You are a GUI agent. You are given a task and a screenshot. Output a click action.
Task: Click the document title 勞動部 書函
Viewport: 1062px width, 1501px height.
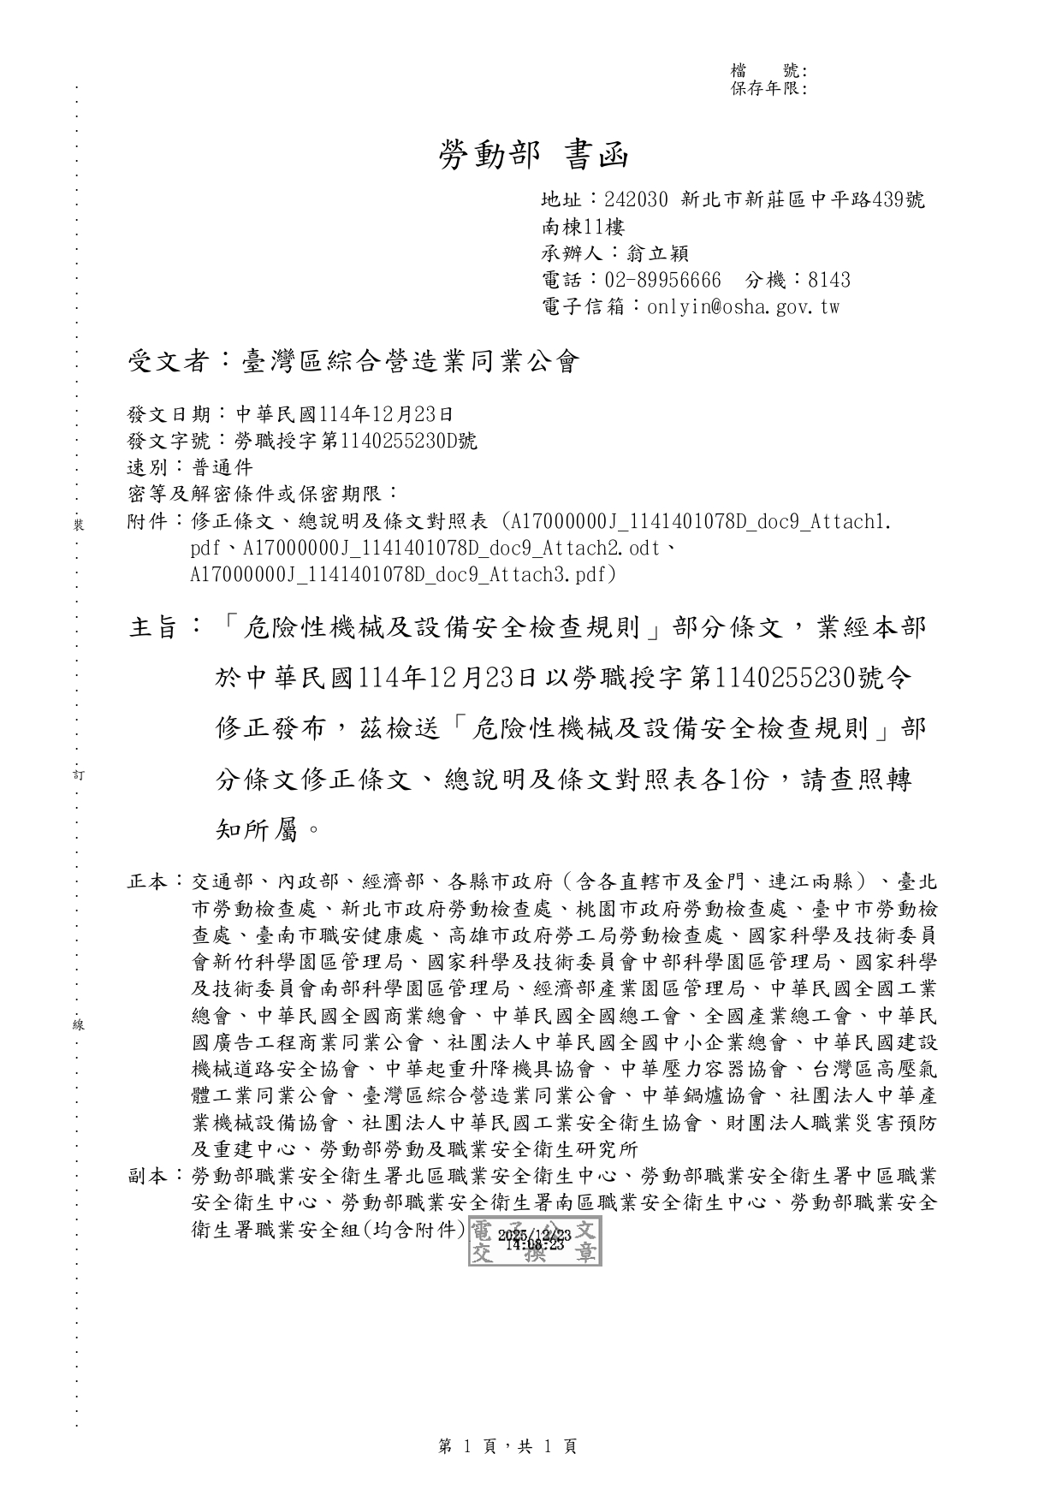point(534,155)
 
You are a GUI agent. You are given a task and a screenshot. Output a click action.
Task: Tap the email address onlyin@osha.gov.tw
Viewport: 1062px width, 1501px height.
point(743,306)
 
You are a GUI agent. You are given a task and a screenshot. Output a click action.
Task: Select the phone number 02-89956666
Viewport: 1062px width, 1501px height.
point(663,280)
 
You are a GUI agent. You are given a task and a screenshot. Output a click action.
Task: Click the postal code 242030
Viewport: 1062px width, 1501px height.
point(636,200)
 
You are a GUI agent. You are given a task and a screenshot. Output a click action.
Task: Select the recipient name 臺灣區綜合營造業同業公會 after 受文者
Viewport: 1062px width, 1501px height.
point(412,362)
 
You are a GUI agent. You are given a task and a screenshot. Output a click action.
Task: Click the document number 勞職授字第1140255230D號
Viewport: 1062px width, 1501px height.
point(357,441)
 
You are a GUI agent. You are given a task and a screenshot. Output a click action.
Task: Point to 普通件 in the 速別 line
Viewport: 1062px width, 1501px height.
point(223,467)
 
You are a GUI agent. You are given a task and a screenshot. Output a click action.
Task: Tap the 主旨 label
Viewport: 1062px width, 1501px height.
point(154,628)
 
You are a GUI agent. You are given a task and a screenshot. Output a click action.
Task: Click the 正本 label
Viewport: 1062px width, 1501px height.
point(149,881)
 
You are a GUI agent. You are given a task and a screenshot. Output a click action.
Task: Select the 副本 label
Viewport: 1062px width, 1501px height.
point(149,1176)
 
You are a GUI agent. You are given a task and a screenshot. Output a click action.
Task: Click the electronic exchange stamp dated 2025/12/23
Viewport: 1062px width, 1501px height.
point(535,1241)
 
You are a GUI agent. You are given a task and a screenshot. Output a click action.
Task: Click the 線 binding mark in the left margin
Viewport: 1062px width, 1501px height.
point(78,1024)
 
